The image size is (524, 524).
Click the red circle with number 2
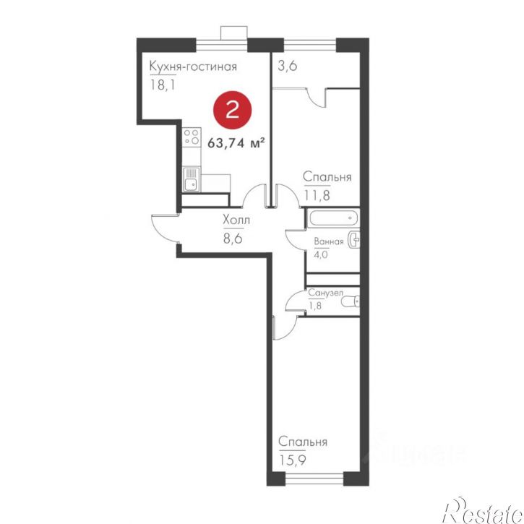[232, 110]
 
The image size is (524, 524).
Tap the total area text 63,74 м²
[236, 143]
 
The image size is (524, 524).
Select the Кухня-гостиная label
[193, 66]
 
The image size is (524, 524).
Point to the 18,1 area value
[163, 85]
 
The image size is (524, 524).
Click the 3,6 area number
[288, 66]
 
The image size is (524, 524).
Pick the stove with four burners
[192, 137]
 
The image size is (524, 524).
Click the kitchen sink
[192, 179]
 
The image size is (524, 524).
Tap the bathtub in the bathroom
[333, 218]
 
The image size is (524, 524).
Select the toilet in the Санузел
[351, 301]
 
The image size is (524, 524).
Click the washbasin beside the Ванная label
[354, 240]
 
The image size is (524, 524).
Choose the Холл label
[236, 220]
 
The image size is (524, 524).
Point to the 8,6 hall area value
[233, 239]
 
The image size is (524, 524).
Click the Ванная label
[329, 241]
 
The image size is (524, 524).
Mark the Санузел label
[325, 293]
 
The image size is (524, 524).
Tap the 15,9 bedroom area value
[293, 461]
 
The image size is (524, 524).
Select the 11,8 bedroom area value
[317, 195]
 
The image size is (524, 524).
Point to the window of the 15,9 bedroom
[314, 478]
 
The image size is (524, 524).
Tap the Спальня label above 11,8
[327, 176]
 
